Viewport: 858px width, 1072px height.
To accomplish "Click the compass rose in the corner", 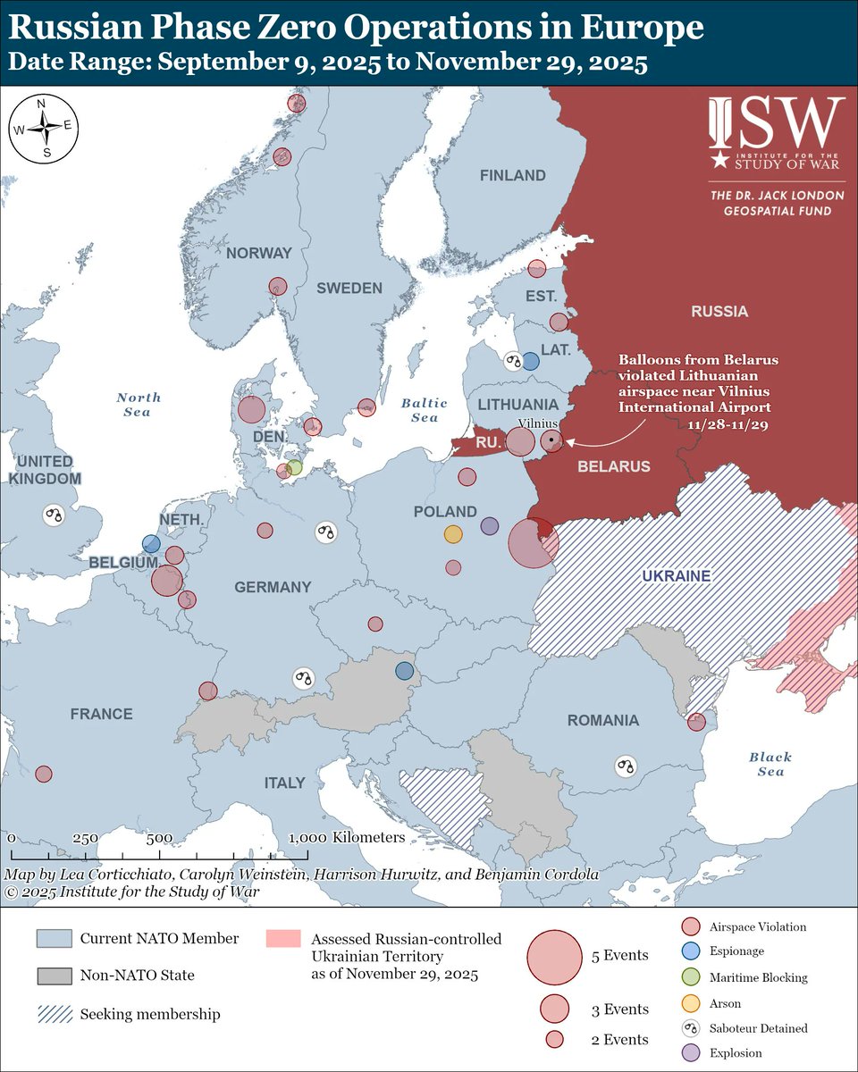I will coord(41,128).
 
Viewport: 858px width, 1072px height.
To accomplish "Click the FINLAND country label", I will coord(512,175).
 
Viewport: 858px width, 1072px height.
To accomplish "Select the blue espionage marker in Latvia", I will coord(530,361).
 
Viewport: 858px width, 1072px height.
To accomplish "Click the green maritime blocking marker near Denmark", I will coord(294,466).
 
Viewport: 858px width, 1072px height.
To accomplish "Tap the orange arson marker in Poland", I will coord(453,534).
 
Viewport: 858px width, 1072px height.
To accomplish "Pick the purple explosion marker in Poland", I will coord(489,526).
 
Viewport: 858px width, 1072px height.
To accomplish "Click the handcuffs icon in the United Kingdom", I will coord(55,515).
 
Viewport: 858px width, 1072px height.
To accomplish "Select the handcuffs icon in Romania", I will coord(627,766).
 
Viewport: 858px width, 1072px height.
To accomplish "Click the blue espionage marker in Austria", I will coord(405,671).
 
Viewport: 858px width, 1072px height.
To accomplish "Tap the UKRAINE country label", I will coord(676,576).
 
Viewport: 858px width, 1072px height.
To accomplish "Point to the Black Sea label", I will coord(770,764).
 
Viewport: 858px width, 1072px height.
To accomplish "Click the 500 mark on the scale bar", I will coord(159,838).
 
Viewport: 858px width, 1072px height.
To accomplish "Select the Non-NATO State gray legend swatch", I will coord(53,976).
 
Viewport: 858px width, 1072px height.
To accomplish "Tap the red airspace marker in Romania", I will coord(696,721).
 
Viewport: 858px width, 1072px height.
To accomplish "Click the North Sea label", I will coord(138,404).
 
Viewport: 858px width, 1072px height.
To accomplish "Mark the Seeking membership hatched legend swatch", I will coord(53,1014).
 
